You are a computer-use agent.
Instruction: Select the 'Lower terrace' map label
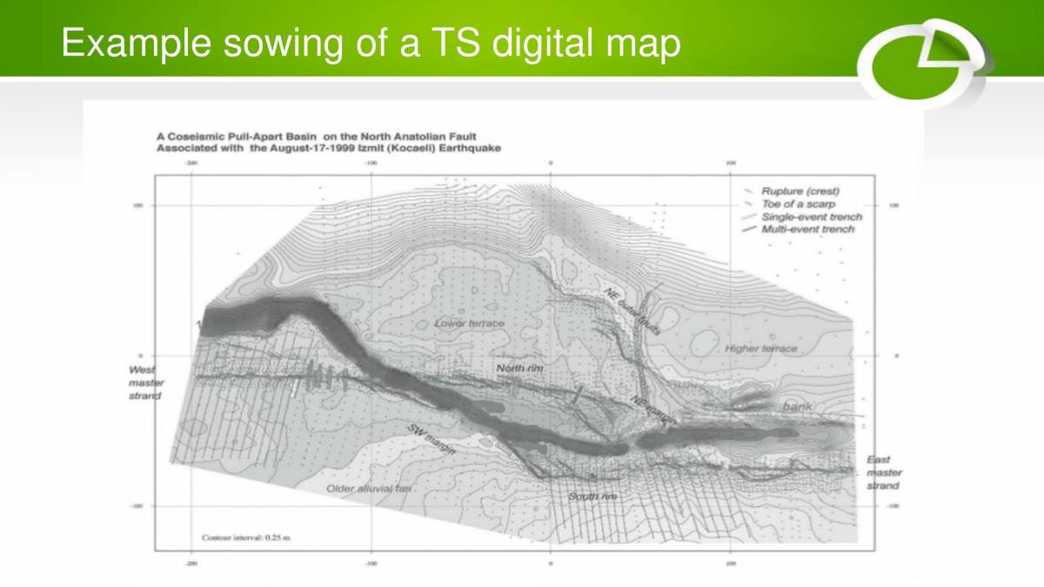[x=469, y=324]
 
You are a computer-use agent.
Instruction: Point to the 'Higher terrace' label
[x=760, y=349]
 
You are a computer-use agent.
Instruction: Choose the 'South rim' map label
[x=592, y=497]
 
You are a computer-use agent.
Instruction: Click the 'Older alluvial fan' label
[x=369, y=489]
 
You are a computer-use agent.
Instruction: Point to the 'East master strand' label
[x=883, y=472]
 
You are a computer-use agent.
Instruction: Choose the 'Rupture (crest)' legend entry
[x=800, y=190]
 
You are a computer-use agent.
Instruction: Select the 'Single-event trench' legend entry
[x=811, y=217]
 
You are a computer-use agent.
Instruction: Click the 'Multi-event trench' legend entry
[x=807, y=230]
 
